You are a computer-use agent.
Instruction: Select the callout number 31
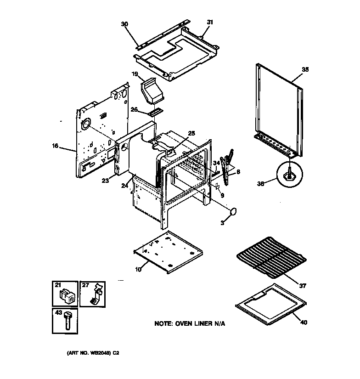210,22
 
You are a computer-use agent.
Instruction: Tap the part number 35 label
305,69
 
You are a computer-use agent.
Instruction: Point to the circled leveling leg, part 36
290,176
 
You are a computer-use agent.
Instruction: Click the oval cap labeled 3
234,212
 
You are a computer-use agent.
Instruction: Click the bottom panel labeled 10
168,252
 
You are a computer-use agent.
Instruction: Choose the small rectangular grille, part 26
154,112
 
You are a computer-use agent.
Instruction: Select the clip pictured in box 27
96,295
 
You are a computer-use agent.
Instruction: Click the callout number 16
55,146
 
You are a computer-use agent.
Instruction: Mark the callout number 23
105,181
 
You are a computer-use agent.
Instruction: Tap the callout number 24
123,186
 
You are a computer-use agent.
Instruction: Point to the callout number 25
191,133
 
